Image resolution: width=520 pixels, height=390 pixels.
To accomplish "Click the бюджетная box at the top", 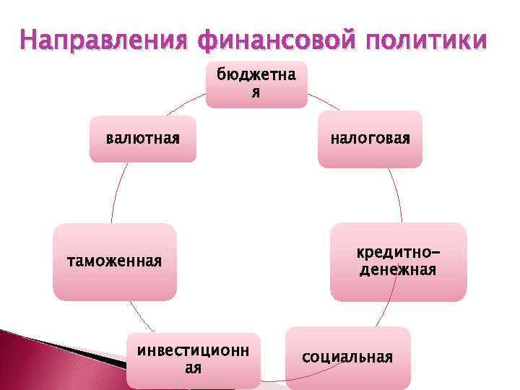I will coord(256,84).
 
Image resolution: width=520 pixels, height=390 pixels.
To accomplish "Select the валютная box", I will coord(142,138).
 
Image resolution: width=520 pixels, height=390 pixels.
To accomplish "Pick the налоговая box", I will coord(370,139).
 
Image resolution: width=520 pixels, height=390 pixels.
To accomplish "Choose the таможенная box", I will coord(114,261).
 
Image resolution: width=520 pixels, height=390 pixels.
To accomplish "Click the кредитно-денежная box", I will coord(398,261).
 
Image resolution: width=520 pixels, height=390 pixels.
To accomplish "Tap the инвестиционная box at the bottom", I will coord(193,360).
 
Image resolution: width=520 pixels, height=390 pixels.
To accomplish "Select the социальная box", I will coord(348,357).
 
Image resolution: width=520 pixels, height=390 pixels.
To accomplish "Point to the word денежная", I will coord(398,270).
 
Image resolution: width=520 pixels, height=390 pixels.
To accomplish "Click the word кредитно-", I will coord(398,253).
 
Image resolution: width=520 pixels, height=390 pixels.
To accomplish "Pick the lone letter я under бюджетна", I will coord(256,93).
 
